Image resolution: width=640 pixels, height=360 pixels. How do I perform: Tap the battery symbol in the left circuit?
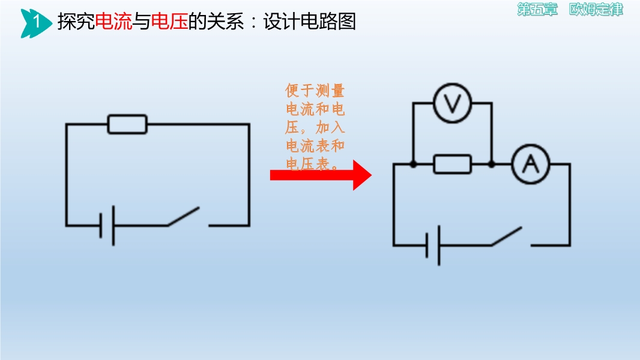coord(107,226)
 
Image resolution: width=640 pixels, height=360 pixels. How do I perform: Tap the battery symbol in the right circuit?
coord(433,245)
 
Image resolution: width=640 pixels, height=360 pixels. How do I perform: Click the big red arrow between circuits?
coord(321,175)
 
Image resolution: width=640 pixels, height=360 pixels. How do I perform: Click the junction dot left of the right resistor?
coord(413,164)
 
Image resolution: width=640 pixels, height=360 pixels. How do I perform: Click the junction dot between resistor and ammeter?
coord(492,164)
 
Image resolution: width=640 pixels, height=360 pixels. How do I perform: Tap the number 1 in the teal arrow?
coord(37,21)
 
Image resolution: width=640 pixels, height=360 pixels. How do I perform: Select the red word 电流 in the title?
coord(113,21)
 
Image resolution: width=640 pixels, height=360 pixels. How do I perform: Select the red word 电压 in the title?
coord(169,21)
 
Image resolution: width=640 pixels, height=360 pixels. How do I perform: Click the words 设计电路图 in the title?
coord(309,21)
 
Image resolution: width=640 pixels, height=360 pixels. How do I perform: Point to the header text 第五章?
coord(537,10)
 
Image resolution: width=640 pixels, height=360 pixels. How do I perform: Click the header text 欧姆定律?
coord(596,10)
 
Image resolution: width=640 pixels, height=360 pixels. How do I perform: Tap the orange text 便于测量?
coord(315,91)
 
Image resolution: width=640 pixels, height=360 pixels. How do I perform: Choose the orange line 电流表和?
coord(315,146)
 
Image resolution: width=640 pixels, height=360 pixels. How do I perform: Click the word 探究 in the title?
coord(76,21)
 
